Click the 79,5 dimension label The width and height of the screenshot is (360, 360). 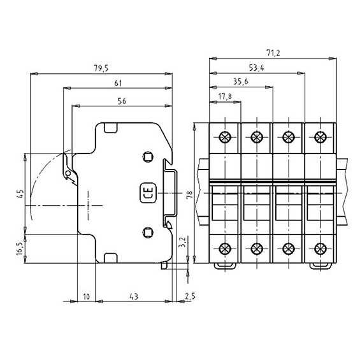[x=101, y=67]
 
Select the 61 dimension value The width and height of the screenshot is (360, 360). [x=119, y=83]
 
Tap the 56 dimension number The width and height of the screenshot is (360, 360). [x=122, y=100]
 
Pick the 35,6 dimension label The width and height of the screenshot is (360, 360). [x=241, y=81]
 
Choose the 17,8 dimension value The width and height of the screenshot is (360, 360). [x=225, y=97]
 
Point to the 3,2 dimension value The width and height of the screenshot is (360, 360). [x=182, y=241]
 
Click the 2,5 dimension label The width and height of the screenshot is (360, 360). [x=189, y=296]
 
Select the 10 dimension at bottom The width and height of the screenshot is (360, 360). [x=86, y=296]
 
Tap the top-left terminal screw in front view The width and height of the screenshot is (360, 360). [x=225, y=137]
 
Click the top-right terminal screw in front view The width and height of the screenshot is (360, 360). [x=319, y=137]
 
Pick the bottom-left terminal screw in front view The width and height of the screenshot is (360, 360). [x=225, y=248]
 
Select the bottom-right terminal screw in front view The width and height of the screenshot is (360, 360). [x=319, y=248]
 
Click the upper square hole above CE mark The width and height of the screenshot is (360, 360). [x=148, y=157]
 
